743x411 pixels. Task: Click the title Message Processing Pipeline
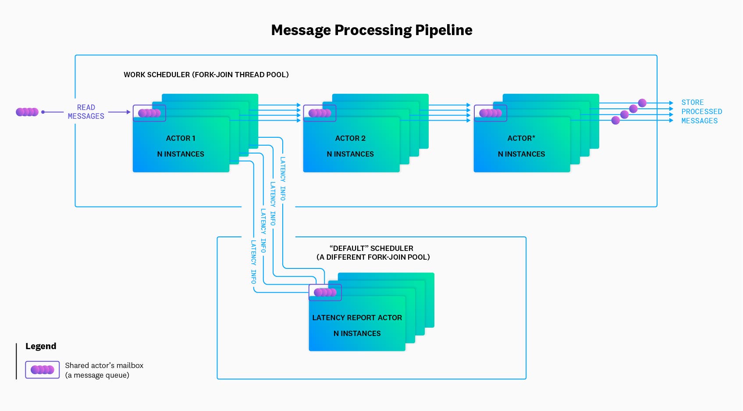pyautogui.click(x=371, y=30)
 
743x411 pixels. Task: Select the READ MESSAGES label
pyautogui.click(x=86, y=112)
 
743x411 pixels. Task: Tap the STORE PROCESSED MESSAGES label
pyautogui.click(x=701, y=111)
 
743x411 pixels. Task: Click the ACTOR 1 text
pyautogui.click(x=181, y=138)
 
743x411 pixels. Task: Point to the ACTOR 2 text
pyautogui.click(x=350, y=138)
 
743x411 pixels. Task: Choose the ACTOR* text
pyautogui.click(x=521, y=138)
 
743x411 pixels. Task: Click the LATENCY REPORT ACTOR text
pyautogui.click(x=357, y=318)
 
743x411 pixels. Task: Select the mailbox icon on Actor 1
pyautogui.click(x=149, y=113)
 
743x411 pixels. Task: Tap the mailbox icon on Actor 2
pyautogui.click(x=320, y=113)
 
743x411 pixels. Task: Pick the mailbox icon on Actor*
pyautogui.click(x=491, y=113)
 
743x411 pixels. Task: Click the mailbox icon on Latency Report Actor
pyautogui.click(x=325, y=293)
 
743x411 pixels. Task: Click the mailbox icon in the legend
pyautogui.click(x=42, y=370)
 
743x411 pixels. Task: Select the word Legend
pyautogui.click(x=41, y=346)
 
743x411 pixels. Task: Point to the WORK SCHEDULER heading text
pyautogui.click(x=206, y=75)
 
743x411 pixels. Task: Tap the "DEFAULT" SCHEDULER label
pyautogui.click(x=371, y=248)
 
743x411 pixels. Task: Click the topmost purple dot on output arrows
pyautogui.click(x=642, y=103)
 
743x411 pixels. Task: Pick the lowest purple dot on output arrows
pyautogui.click(x=615, y=120)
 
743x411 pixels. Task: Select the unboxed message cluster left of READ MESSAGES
pyautogui.click(x=27, y=112)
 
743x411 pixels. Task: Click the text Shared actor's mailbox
pyautogui.click(x=104, y=365)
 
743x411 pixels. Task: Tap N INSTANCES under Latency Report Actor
pyautogui.click(x=357, y=333)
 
